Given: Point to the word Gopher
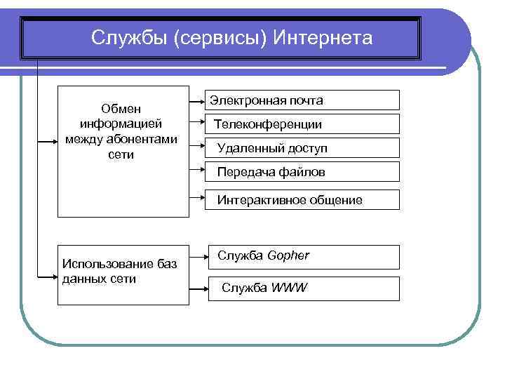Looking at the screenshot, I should coord(288,255).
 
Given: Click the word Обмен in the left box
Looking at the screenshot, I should coord(121,109).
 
